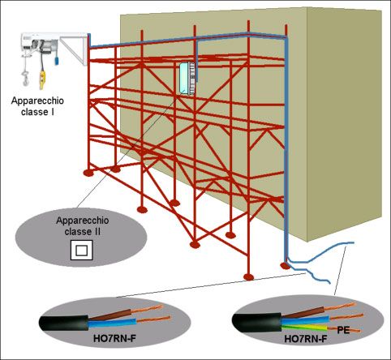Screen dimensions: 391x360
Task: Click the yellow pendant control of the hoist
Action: click(42, 80)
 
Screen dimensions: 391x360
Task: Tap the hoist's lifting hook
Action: click(25, 79)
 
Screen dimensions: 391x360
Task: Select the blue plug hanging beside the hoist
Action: click(57, 61)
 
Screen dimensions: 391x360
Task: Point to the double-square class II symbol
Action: click(81, 250)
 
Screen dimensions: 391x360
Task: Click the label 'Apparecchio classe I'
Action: click(37, 106)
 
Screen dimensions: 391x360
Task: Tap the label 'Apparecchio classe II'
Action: click(83, 226)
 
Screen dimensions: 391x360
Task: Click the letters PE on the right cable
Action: click(343, 330)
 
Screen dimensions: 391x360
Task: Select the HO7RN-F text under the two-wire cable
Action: click(114, 338)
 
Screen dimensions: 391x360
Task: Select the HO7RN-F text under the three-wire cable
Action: click(306, 339)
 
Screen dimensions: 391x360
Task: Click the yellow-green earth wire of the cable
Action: click(305, 328)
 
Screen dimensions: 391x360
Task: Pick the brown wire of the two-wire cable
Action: click(110, 315)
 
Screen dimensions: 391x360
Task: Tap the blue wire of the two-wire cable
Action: click(112, 323)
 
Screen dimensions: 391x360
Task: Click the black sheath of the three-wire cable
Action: click(256, 322)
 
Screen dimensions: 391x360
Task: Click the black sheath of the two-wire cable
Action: click(64, 323)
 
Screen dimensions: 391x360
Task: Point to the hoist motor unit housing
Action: click(40, 42)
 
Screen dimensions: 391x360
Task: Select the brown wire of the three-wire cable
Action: click(303, 313)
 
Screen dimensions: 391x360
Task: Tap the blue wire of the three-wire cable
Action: click(305, 320)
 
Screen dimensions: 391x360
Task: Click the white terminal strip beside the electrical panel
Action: click(192, 79)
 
